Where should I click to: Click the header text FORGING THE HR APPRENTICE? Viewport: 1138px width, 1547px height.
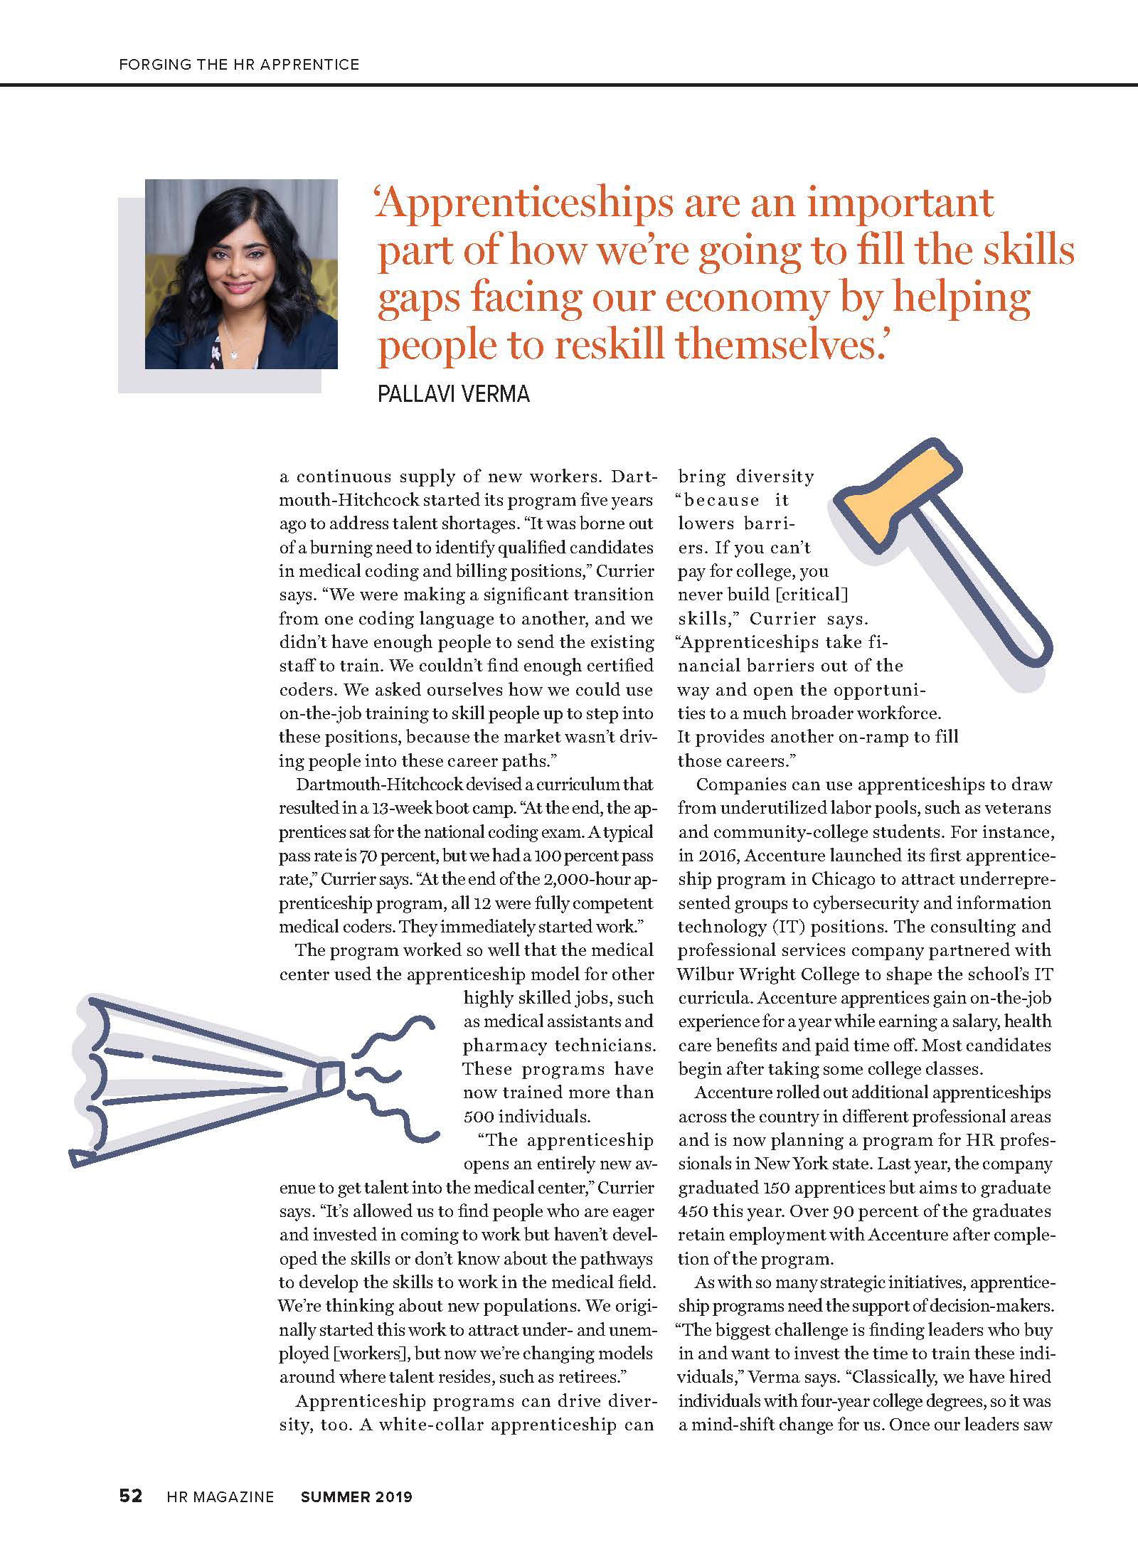[x=239, y=65]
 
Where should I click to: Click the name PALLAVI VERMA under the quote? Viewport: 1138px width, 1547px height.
[x=454, y=394]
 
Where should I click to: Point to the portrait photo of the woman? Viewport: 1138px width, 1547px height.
[x=241, y=274]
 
